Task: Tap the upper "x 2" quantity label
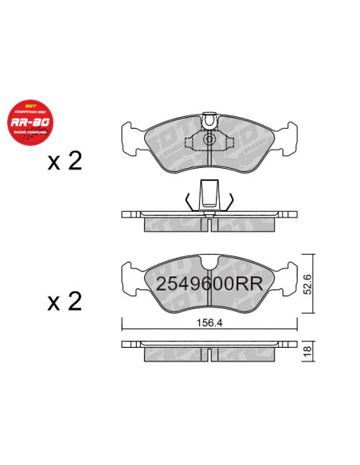point(65,162)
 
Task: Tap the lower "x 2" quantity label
point(65,302)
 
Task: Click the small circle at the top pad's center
point(209,140)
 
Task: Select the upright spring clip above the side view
point(209,193)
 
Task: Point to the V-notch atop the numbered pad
point(209,265)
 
